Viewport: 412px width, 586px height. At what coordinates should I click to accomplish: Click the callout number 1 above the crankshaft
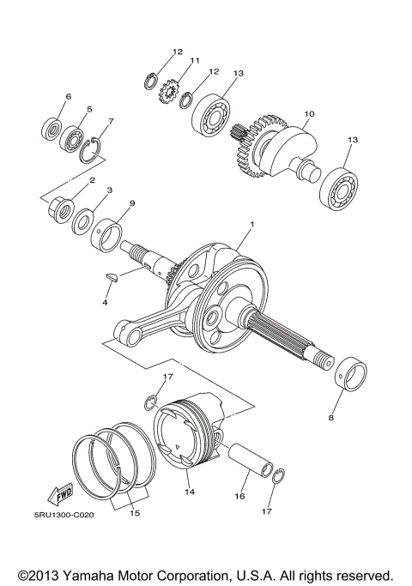point(251,224)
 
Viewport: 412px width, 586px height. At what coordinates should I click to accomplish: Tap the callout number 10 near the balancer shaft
point(309,113)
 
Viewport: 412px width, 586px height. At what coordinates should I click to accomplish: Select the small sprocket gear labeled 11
point(170,90)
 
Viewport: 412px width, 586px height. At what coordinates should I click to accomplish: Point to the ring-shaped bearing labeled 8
point(350,378)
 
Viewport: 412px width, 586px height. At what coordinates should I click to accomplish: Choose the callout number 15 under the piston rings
point(133,513)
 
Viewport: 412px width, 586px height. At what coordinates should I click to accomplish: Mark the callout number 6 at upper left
point(69,96)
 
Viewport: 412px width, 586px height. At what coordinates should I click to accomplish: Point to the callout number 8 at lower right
point(331,419)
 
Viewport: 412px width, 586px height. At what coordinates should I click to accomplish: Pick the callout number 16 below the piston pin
point(240,496)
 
